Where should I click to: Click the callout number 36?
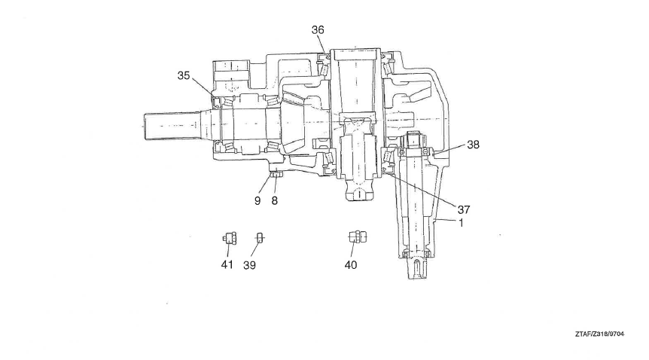pyautogui.click(x=318, y=30)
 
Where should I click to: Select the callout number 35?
pyautogui.click(x=184, y=75)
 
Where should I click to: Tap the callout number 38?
pyautogui.click(x=473, y=145)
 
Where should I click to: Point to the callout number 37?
pyautogui.click(x=464, y=209)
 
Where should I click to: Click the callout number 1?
pyautogui.click(x=461, y=223)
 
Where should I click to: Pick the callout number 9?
pyautogui.click(x=257, y=201)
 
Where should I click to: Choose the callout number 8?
pyautogui.click(x=274, y=201)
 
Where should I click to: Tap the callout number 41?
pyautogui.click(x=227, y=264)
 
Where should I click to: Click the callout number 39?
pyautogui.click(x=249, y=265)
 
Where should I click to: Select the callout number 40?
pyautogui.click(x=351, y=264)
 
